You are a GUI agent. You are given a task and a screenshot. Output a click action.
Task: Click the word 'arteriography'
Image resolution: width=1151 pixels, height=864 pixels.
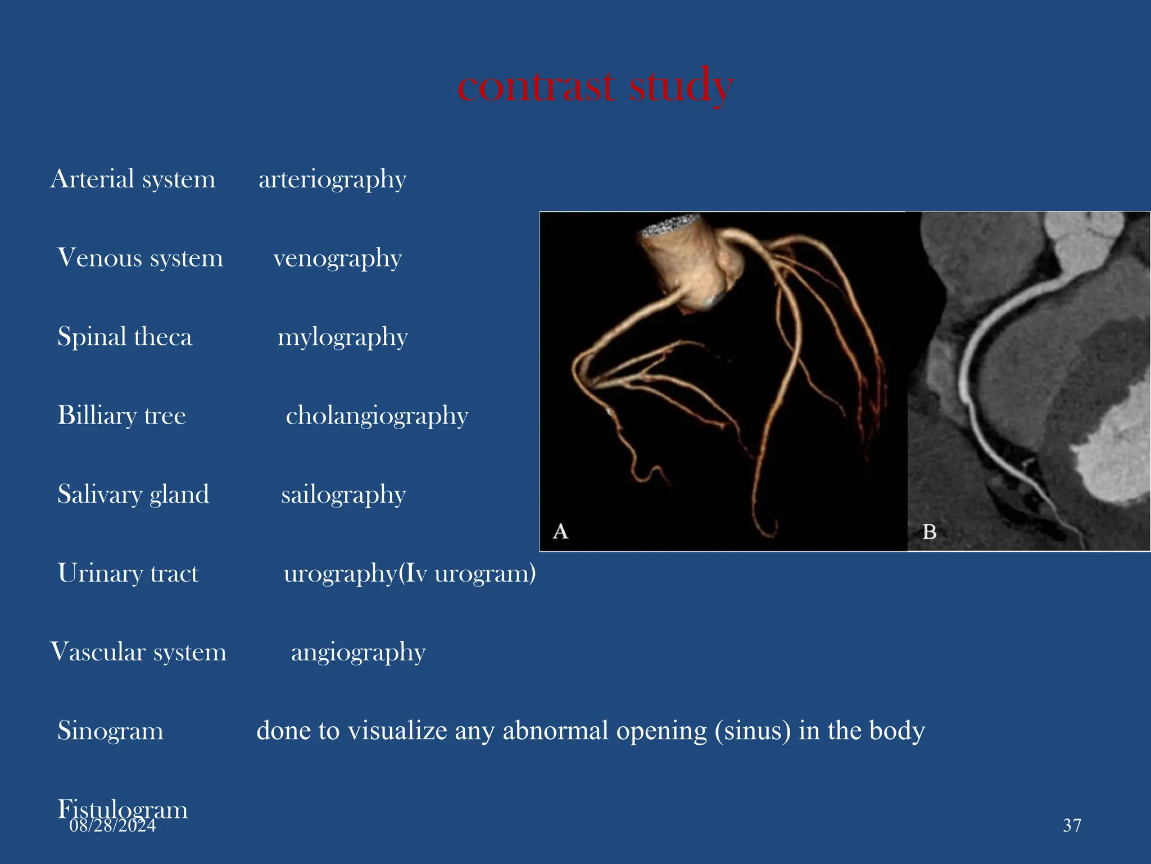tap(332, 179)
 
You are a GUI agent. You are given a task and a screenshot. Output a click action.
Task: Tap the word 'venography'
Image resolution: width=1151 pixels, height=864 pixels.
tap(337, 258)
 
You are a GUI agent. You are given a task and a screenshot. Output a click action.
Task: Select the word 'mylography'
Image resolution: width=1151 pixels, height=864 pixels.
tap(342, 337)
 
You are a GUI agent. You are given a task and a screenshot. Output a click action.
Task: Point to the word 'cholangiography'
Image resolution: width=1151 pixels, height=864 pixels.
tap(377, 416)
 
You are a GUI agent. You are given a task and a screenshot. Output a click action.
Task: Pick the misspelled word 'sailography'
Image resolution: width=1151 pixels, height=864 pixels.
tap(343, 494)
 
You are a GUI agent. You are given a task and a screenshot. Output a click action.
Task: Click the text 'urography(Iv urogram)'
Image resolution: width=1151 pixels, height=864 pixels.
tap(409, 573)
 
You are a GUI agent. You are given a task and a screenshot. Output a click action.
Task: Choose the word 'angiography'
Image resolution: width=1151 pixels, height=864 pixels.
tap(358, 652)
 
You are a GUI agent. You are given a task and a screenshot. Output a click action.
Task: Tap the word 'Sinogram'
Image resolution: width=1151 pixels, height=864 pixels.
tap(110, 731)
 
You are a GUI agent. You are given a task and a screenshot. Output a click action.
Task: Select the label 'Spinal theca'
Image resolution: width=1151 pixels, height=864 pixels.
tap(125, 337)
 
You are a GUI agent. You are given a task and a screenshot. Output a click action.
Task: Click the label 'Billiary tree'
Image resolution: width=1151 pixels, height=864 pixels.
tap(121, 416)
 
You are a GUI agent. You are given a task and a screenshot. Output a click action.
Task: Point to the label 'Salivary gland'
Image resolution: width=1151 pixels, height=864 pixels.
tap(133, 494)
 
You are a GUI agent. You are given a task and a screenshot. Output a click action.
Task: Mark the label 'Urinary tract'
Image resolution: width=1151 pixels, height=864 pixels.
tap(128, 573)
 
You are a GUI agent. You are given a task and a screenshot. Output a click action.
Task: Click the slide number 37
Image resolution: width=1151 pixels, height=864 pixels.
tap(1072, 825)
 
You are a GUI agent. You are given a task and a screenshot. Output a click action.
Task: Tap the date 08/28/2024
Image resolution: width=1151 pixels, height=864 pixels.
tap(112, 826)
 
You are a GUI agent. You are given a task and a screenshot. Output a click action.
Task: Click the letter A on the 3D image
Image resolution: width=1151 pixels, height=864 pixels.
tap(560, 531)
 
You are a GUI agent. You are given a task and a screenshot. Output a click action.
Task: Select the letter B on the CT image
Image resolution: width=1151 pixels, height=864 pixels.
tap(930, 531)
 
